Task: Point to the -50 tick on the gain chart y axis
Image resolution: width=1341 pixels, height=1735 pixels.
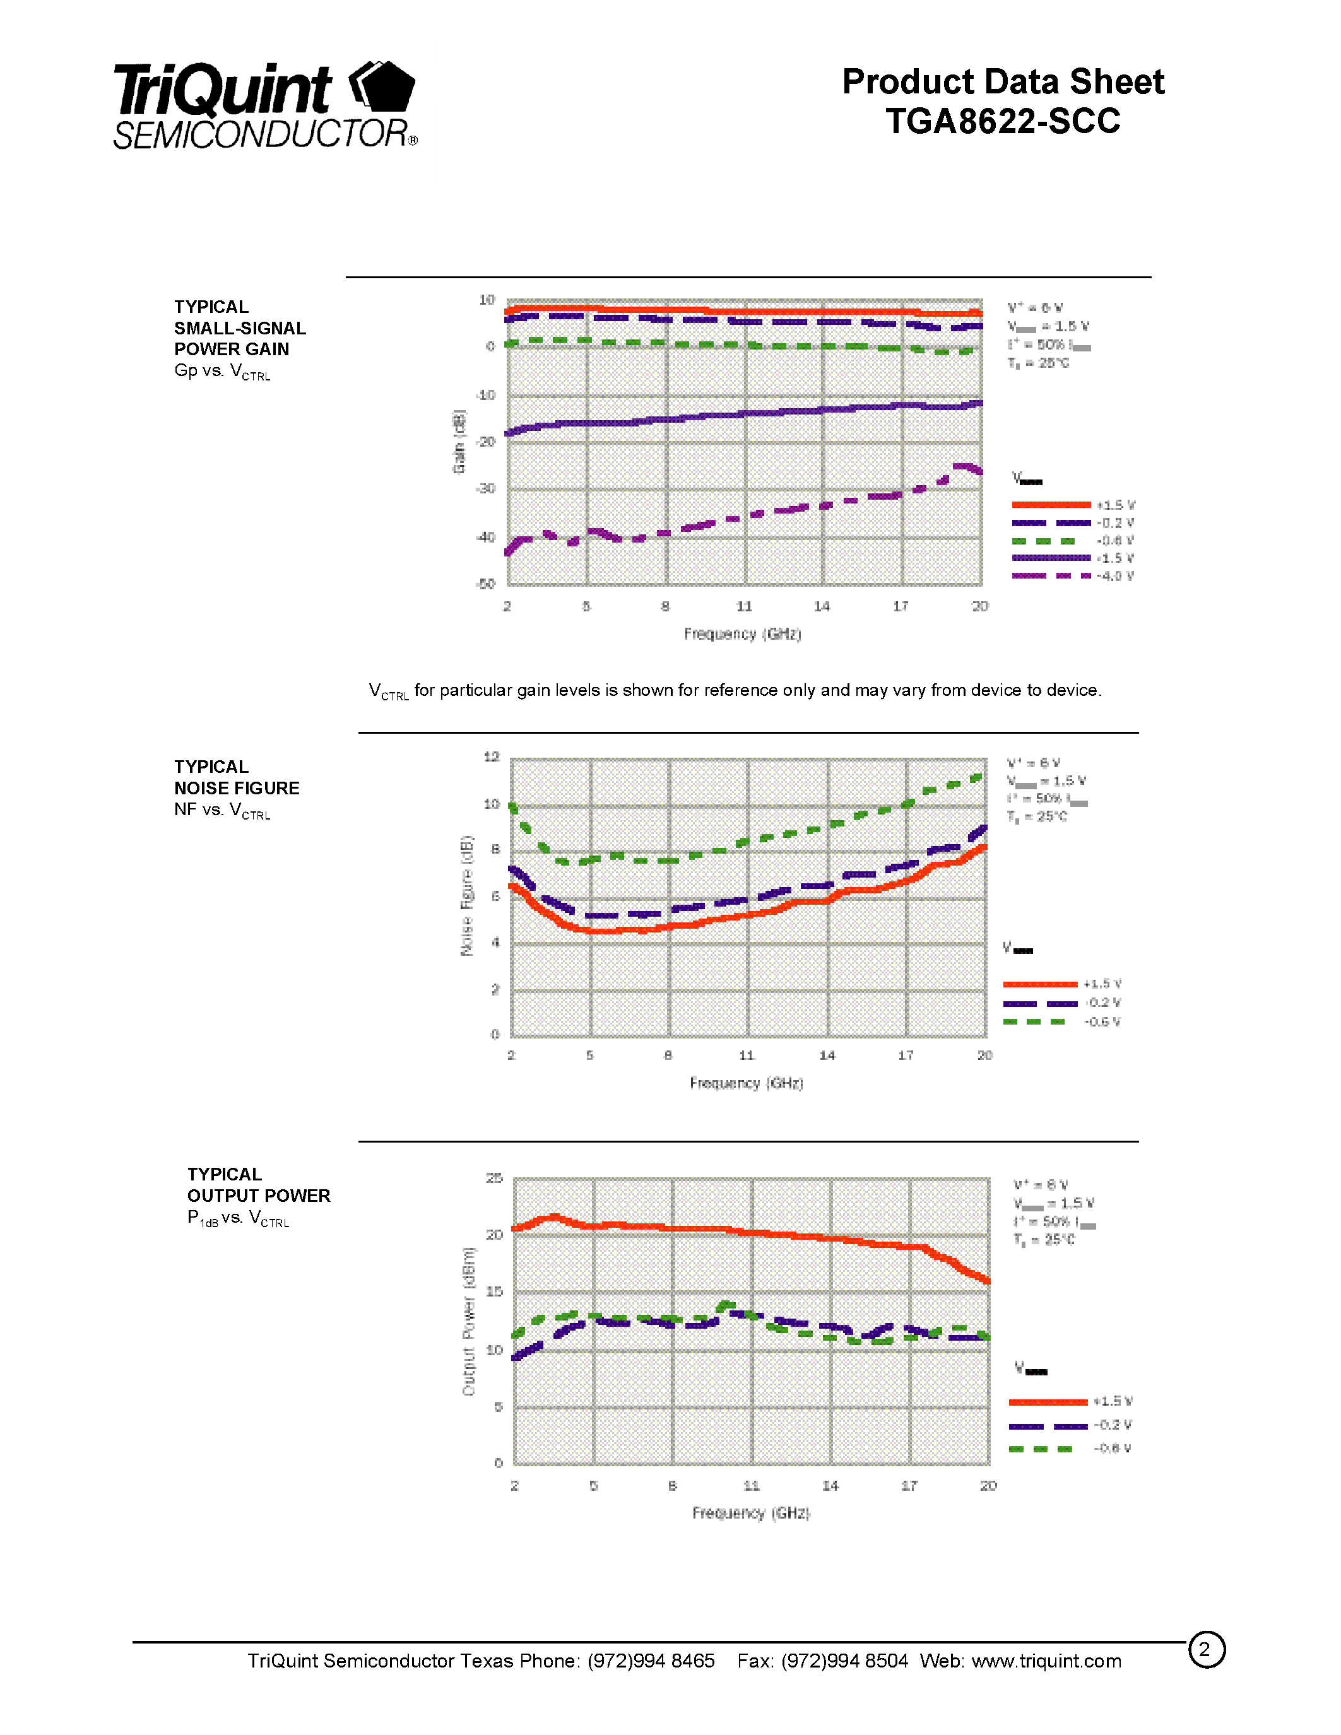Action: click(485, 584)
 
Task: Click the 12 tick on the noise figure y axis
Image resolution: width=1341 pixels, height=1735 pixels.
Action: click(491, 756)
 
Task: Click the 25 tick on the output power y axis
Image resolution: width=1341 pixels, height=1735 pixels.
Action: click(494, 1177)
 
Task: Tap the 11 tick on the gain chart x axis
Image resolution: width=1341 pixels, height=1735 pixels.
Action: click(743, 606)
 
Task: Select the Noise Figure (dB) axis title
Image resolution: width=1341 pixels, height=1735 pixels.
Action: click(467, 895)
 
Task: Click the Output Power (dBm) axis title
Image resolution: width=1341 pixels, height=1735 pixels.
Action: click(469, 1321)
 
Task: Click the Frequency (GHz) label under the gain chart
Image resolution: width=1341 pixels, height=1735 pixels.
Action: click(742, 633)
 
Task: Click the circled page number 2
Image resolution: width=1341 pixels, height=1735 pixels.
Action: click(1206, 1650)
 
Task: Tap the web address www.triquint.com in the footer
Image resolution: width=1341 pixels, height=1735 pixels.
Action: click(1046, 1661)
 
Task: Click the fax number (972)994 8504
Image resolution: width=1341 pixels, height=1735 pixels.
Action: click(844, 1661)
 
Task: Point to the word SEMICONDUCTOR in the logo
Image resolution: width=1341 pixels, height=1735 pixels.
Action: click(261, 134)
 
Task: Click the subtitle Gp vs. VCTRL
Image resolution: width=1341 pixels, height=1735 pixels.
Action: click(222, 371)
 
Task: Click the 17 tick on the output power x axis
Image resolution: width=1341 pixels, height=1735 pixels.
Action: click(909, 1486)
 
